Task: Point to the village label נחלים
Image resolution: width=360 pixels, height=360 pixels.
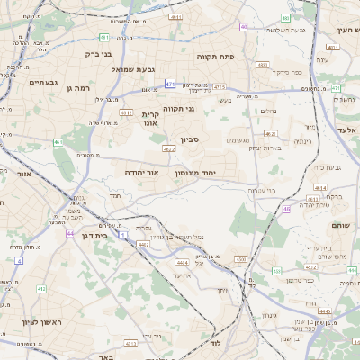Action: point(268,112)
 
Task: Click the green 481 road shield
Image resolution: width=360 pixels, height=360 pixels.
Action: point(104,38)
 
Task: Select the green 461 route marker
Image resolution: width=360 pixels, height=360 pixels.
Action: point(58,141)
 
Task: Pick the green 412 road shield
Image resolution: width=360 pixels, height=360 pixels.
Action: point(40,289)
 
